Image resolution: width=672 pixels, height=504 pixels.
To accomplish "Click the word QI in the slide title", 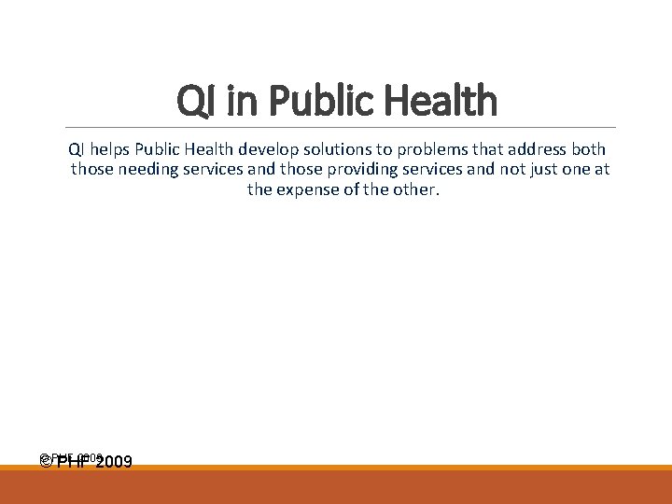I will coord(194,101).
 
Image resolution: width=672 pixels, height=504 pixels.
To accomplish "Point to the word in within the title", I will coord(234,101).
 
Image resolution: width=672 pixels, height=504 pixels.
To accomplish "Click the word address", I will coord(534,149).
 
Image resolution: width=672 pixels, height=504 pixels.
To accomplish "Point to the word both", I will coord(587,149).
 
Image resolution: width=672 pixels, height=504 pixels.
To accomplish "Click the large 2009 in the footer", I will coord(113,461).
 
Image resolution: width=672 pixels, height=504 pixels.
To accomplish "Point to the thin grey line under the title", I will coord(336,127).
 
